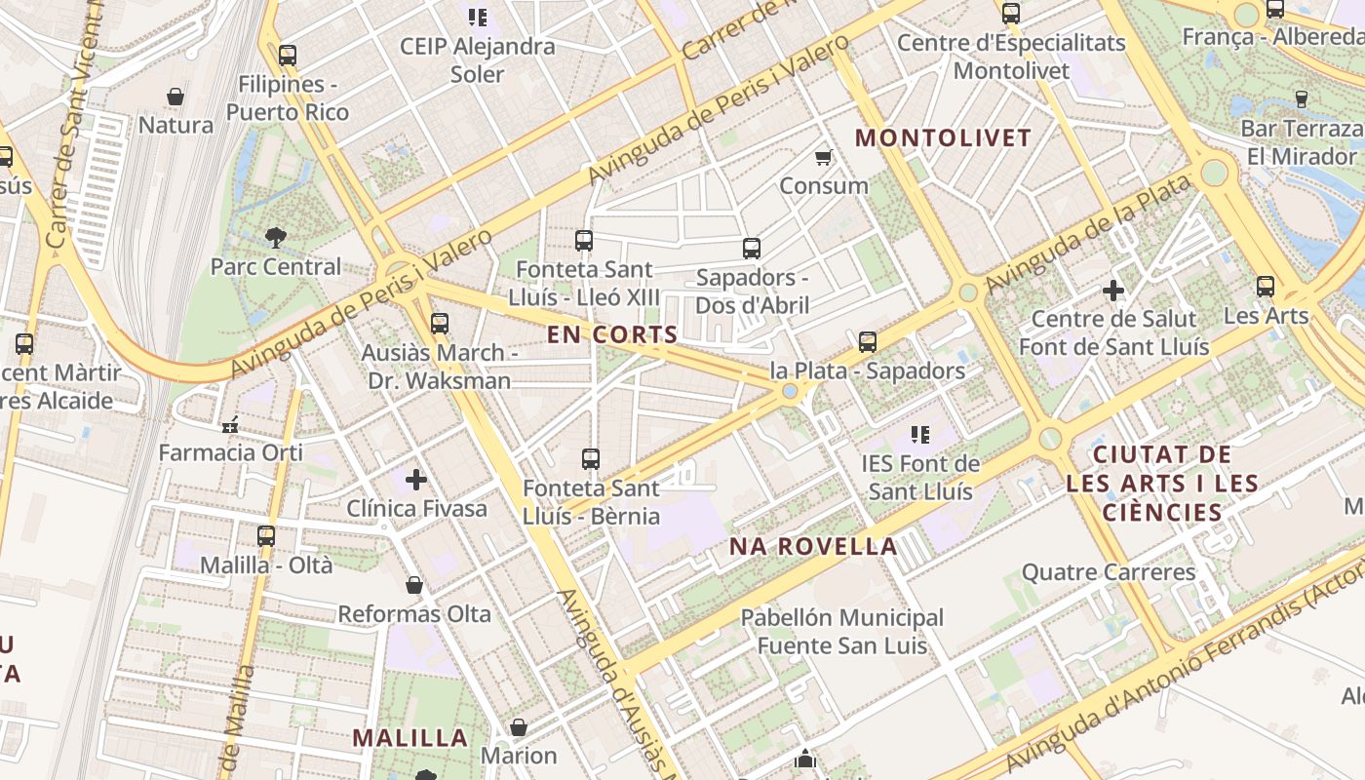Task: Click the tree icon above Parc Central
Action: [x=276, y=237]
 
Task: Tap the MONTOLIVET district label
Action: [x=943, y=138]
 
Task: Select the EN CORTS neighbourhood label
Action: [x=612, y=335]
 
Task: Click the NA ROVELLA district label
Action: [x=814, y=547]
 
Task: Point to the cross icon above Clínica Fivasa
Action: [x=416, y=480]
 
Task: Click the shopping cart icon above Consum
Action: [x=824, y=157]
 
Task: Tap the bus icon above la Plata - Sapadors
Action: [x=868, y=342]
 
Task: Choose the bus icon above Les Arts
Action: [x=1266, y=287]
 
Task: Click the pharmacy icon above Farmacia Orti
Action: [x=231, y=425]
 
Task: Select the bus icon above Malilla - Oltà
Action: [x=266, y=536]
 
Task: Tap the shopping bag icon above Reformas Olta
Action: [x=414, y=585]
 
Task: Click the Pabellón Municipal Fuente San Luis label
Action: [x=842, y=632]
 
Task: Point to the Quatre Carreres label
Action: [x=1108, y=572]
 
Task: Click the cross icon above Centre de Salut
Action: [x=1113, y=291]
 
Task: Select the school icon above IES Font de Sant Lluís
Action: [x=920, y=435]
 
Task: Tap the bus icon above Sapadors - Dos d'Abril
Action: [x=751, y=249]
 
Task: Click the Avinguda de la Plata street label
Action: [x=1088, y=234]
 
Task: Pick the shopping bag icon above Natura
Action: [x=175, y=97]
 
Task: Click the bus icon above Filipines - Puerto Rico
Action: [x=287, y=56]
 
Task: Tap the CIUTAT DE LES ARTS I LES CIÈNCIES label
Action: [x=1162, y=484]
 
